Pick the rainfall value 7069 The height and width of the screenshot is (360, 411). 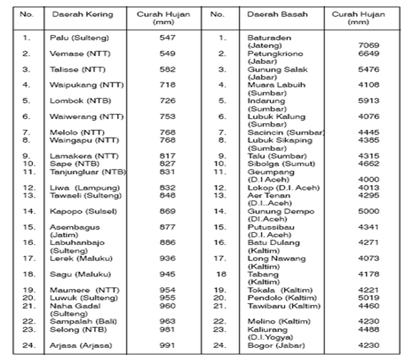point(369,45)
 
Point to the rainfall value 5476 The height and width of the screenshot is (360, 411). point(369,69)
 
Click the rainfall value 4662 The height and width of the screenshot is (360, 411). point(369,163)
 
